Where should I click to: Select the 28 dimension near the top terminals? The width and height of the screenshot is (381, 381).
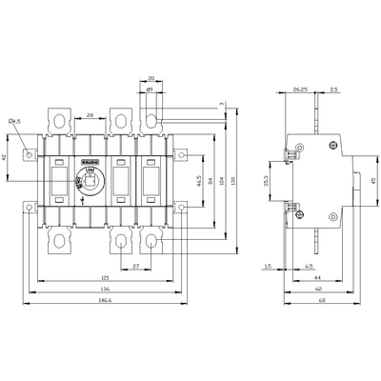click(x=88, y=114)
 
